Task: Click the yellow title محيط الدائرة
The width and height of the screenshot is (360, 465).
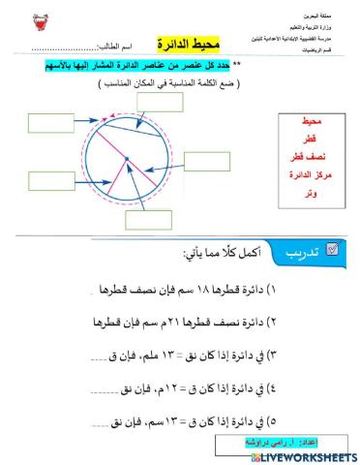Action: tap(190, 46)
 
